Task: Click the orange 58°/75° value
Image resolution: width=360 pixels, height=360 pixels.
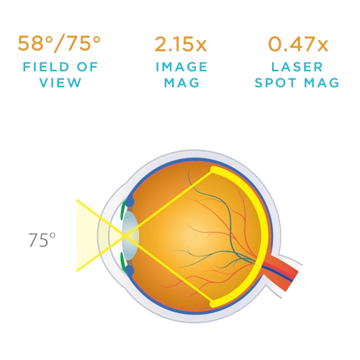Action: tap(59, 44)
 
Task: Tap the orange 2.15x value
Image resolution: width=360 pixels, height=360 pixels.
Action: tap(181, 44)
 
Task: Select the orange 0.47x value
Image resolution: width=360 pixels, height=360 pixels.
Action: tap(298, 44)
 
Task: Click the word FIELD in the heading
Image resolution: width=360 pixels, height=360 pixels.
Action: tap(46, 67)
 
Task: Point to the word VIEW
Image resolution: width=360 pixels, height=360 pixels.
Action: tap(60, 83)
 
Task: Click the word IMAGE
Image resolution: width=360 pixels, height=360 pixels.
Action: tap(181, 67)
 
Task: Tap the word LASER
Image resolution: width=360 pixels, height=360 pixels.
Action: tap(297, 67)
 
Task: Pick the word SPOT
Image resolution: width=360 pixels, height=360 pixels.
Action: tap(275, 83)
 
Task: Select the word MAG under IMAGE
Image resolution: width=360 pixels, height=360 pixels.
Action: tap(181, 83)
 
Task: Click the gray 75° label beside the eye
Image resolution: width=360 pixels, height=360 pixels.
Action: tap(42, 240)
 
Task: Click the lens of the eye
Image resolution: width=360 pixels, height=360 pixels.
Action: tap(130, 235)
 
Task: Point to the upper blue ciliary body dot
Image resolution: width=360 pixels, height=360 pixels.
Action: tap(130, 202)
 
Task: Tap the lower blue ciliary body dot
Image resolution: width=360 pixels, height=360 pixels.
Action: tap(130, 271)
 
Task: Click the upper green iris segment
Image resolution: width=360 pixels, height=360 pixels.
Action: tap(123, 207)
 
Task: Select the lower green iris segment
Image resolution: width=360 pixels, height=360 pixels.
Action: tap(123, 264)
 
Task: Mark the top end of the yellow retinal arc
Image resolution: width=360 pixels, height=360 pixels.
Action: tap(213, 170)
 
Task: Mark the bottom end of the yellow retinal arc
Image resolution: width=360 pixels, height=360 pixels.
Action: tap(213, 304)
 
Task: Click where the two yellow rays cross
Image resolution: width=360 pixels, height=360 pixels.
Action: tap(125, 236)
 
